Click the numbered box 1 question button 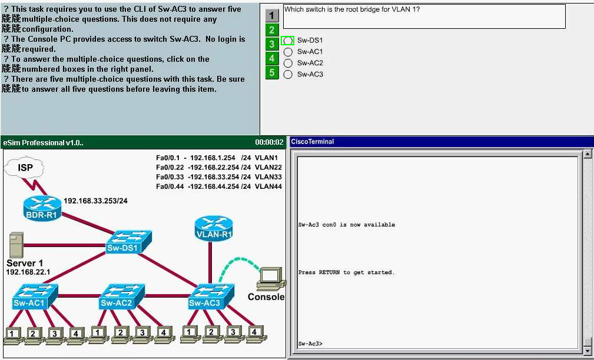point(272,16)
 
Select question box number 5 point(272,73)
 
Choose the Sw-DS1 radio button point(288,41)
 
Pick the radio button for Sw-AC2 point(288,63)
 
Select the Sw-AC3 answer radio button point(288,74)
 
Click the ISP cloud point(24,169)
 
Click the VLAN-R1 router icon point(214,226)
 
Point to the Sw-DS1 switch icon point(130,240)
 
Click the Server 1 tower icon point(16,245)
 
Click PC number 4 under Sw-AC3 point(254,334)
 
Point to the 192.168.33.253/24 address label point(95,201)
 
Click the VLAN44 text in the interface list point(268,186)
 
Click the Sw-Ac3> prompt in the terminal point(310,344)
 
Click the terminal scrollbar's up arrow point(587,154)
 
